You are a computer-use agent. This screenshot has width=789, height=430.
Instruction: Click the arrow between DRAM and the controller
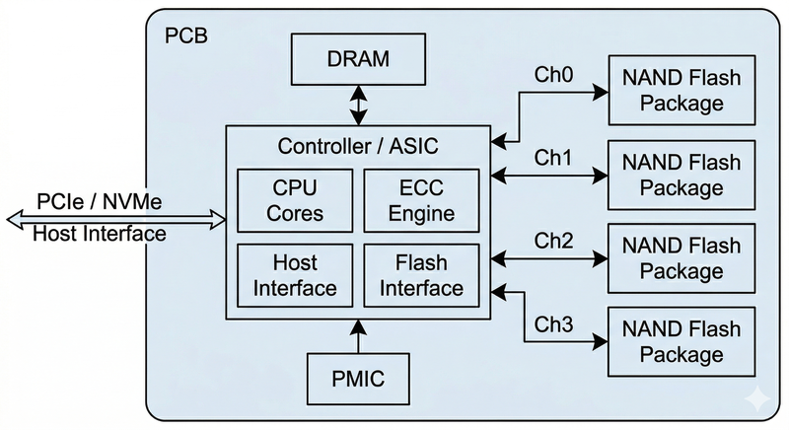point(358,106)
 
